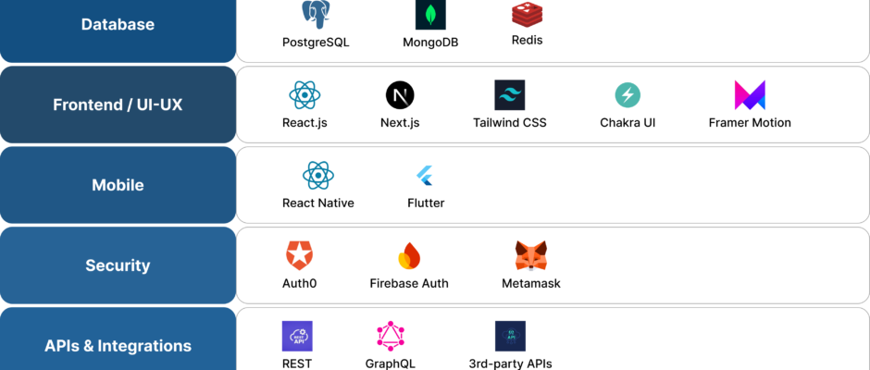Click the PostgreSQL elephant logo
pos(316,14)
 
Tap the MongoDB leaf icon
pos(430,16)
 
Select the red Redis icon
pos(527,14)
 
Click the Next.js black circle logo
pos(400,94)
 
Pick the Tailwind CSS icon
pos(510,94)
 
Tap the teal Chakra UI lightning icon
pos(628,94)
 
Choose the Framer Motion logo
pos(749,94)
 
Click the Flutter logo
pos(426,175)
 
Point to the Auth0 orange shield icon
pos(299,254)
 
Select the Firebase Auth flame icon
pos(409,254)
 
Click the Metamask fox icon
pos(530,254)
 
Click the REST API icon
pos(297,336)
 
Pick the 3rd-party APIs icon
pos(510,336)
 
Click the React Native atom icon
pos(317,175)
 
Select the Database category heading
pos(118,25)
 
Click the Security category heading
pos(118,265)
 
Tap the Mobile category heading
pos(118,185)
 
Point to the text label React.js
pos(304,122)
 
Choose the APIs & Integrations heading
pos(118,346)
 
